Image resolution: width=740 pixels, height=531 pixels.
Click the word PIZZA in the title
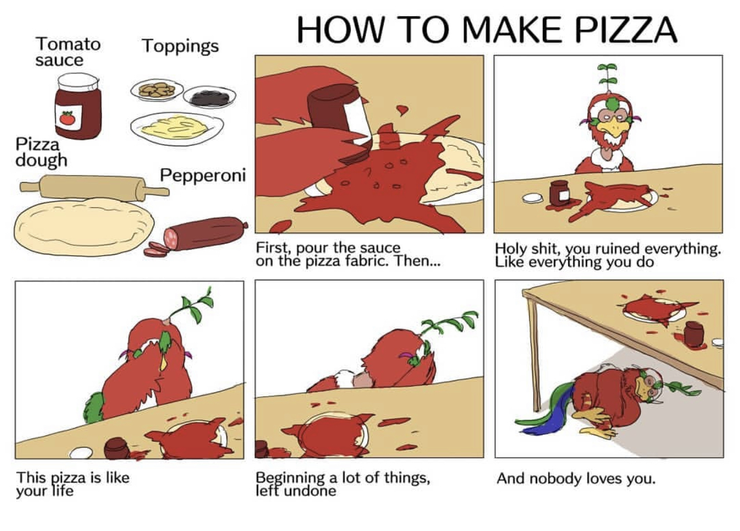(626, 30)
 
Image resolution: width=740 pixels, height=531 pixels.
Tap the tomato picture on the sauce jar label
(67, 118)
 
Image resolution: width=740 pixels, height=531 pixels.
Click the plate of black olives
(209, 96)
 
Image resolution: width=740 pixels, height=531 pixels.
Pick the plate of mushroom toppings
(157, 90)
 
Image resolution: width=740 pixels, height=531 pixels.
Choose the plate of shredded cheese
(177, 128)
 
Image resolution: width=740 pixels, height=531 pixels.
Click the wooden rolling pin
(95, 188)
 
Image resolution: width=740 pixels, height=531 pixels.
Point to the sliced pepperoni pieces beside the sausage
(156, 249)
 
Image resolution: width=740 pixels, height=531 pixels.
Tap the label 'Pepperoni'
(203, 175)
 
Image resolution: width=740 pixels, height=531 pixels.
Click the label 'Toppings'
(180, 46)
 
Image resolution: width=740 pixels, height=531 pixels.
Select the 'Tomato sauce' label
(68, 52)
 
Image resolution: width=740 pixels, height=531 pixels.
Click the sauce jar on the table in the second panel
(559, 193)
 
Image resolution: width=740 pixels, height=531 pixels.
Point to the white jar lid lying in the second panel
(532, 198)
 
